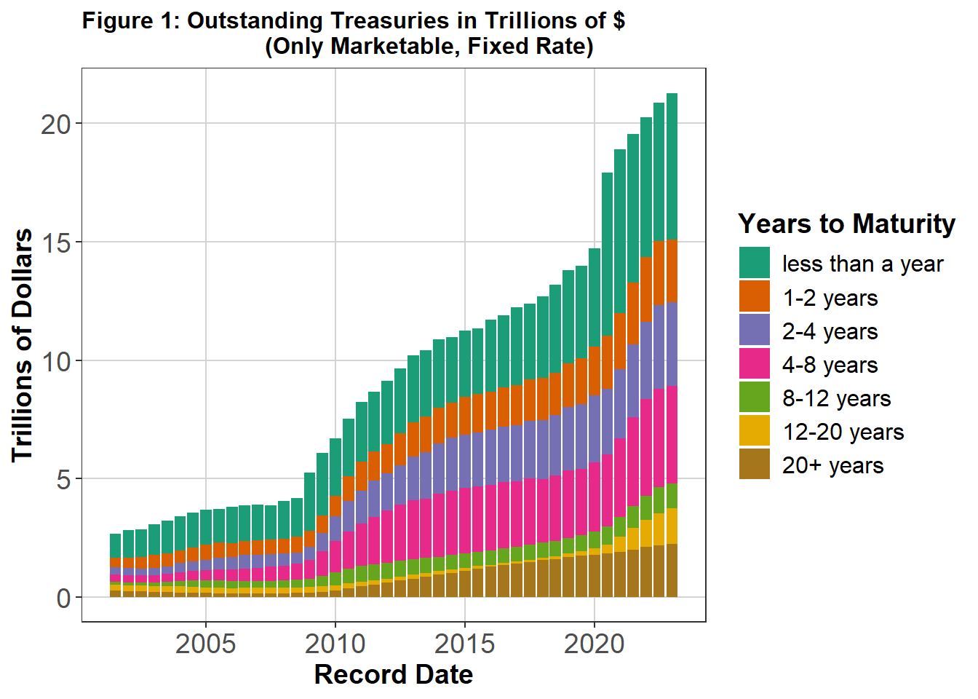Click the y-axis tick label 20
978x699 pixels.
(56, 125)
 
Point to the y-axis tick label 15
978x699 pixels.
(56, 242)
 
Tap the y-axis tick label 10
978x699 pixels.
(56, 361)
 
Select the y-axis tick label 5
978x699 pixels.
(64, 480)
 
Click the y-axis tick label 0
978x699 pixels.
(64, 599)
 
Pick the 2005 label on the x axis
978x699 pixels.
(206, 644)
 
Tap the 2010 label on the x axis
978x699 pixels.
(335, 644)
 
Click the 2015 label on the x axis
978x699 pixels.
(465, 644)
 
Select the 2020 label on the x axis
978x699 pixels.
(595, 644)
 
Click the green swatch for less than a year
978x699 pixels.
(755, 264)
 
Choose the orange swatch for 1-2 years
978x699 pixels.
(755, 297)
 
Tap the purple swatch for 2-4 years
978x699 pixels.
(755, 331)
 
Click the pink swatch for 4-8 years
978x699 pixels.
(755, 364)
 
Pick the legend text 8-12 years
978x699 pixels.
(836, 398)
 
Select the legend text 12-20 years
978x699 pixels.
(843, 432)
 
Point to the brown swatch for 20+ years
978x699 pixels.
(755, 465)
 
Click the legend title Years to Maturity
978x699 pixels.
(846, 224)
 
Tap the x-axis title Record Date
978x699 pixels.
(394, 675)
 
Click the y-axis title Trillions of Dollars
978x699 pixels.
(23, 345)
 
